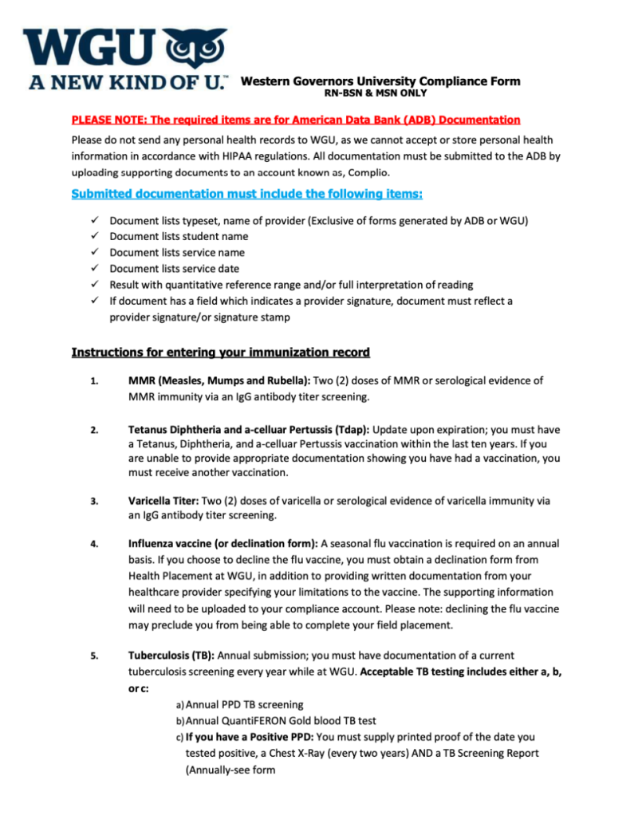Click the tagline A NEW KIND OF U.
[128, 81]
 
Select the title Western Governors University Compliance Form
[380, 81]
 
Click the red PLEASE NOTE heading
[296, 120]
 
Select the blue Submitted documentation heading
[246, 194]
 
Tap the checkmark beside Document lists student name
[93, 236]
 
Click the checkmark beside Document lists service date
[93, 268]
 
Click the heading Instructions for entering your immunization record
[220, 352]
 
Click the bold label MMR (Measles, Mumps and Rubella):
[221, 380]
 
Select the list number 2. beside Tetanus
[93, 431]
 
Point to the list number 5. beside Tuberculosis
[93, 656]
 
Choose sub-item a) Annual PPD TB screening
[239, 704]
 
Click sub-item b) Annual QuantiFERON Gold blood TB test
[275, 720]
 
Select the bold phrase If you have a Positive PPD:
[250, 737]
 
